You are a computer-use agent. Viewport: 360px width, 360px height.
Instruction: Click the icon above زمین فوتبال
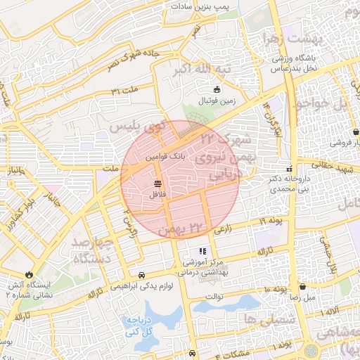217,90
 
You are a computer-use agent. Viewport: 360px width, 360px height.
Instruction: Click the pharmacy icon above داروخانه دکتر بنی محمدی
290,169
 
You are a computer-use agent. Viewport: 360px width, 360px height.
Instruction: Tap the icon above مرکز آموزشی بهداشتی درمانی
202,250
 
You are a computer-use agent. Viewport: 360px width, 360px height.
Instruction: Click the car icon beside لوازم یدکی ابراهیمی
143,275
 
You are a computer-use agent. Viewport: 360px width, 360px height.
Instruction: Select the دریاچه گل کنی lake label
140,324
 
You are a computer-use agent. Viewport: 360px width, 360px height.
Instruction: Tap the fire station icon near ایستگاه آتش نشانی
29,275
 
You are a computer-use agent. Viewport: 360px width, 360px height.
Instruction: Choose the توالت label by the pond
213,297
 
